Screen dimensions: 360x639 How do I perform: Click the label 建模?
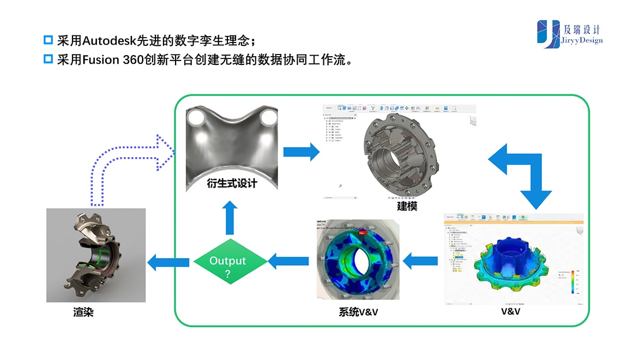(x=407, y=206)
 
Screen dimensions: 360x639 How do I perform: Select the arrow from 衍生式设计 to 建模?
(x=301, y=151)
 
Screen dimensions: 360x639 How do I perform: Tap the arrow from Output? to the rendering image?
(x=168, y=262)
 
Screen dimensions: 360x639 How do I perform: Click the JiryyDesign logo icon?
(x=548, y=34)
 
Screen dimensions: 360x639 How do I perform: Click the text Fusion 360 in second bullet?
(x=111, y=59)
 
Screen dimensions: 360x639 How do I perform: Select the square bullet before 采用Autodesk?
(x=48, y=40)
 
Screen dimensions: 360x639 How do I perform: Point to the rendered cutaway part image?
(x=96, y=255)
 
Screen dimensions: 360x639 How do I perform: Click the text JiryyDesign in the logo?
(x=584, y=40)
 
